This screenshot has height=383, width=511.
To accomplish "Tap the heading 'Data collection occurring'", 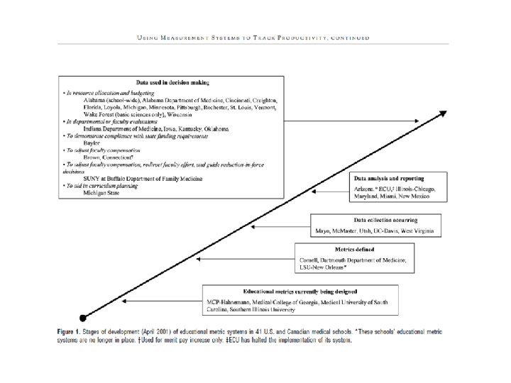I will point(376,221).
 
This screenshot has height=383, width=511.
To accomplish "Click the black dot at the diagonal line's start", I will point(84,317).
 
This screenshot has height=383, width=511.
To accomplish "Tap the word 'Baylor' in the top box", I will point(92,143).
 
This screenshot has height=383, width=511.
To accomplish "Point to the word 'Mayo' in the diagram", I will point(323,231).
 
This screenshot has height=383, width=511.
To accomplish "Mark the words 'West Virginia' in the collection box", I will point(422,231).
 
